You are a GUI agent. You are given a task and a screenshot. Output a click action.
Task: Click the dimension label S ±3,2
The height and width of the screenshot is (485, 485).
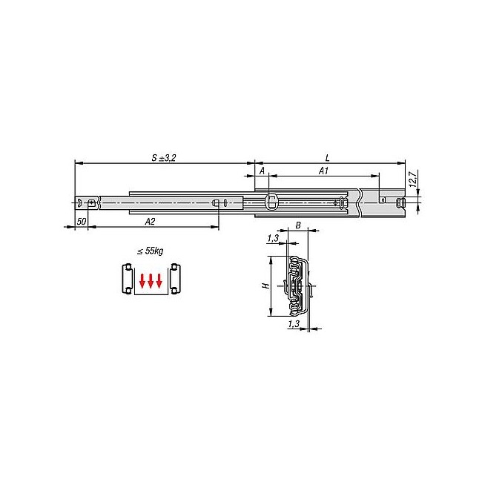tap(164, 158)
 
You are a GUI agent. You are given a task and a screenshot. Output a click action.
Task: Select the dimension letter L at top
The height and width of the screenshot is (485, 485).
tap(328, 158)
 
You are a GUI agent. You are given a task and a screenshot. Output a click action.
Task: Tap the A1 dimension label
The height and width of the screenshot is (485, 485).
tap(323, 171)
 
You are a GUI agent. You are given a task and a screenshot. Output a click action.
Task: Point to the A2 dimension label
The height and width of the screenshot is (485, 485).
tap(150, 222)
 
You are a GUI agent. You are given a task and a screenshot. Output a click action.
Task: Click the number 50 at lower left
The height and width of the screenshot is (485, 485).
tap(82, 222)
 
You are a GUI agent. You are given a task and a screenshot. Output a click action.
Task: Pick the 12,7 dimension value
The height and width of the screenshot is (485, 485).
tap(413, 179)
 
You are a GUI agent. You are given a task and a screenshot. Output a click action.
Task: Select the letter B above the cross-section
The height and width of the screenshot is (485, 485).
tap(298, 225)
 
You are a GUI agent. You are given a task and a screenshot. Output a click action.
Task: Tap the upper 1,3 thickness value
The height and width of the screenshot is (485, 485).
tap(273, 238)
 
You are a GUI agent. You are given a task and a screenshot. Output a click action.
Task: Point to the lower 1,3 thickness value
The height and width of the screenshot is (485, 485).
tap(294, 324)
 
